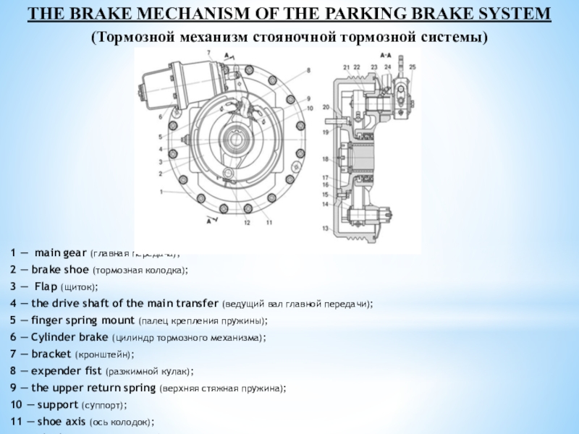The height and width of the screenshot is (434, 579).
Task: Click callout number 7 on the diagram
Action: click(x=208, y=53)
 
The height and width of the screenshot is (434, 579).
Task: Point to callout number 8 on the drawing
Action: click(x=308, y=70)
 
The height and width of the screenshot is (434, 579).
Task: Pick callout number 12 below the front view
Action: click(x=248, y=223)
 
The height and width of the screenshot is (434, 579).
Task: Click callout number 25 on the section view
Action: click(x=412, y=67)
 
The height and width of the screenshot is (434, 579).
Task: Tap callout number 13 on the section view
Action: click(x=326, y=229)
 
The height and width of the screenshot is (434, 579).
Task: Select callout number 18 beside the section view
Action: click(x=326, y=159)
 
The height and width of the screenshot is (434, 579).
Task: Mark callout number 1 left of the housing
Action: click(x=161, y=191)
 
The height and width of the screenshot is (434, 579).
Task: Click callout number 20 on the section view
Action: click(x=326, y=107)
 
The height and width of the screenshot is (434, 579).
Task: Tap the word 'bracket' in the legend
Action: click(x=51, y=354)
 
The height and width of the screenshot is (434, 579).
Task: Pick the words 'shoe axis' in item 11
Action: click(x=62, y=421)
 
